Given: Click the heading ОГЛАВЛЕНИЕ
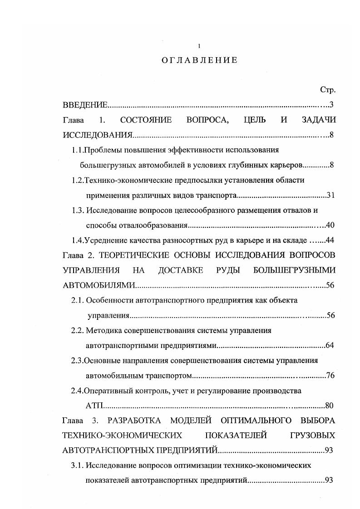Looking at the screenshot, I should (199, 60).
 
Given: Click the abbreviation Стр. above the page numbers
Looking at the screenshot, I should (327, 90).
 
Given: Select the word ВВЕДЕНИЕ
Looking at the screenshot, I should (85, 105).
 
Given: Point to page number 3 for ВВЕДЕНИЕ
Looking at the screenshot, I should (332, 105).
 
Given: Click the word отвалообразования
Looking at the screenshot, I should (137, 225).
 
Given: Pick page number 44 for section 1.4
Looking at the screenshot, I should (330, 240).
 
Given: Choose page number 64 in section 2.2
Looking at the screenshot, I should (330, 345).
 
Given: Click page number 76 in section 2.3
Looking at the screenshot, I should (330, 375).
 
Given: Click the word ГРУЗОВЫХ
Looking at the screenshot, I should (312, 435).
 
